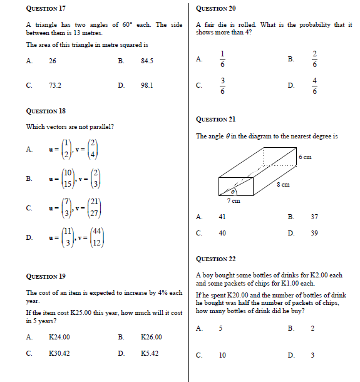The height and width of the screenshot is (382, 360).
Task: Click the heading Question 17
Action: point(46,9)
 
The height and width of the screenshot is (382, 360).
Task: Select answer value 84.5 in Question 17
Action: point(147,61)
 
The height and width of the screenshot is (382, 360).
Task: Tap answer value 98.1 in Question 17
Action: point(147,85)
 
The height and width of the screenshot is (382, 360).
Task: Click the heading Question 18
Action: point(46,111)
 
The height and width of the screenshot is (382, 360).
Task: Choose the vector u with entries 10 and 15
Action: point(67,178)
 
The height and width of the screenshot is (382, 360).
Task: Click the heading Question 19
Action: point(46,276)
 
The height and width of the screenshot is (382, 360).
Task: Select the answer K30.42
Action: point(59,353)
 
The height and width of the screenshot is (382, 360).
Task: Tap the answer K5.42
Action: point(150,353)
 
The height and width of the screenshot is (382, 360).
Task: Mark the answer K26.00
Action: point(152,337)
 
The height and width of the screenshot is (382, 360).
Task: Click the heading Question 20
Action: point(216,9)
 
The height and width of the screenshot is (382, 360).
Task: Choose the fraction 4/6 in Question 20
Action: point(315,85)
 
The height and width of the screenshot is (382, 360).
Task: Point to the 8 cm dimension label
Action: point(283,185)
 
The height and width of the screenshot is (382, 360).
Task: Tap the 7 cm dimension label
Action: point(233,201)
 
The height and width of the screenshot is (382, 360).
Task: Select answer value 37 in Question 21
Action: point(314,217)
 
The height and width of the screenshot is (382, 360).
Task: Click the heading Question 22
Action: point(216,259)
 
